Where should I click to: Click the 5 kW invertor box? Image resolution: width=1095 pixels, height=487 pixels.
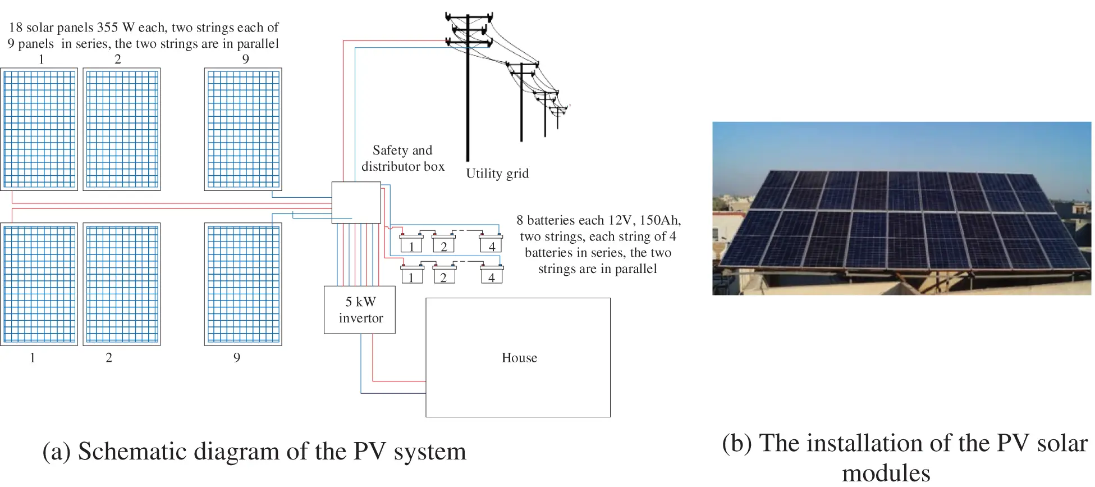tap(359, 310)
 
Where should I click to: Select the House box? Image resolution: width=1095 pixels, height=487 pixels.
tap(517, 357)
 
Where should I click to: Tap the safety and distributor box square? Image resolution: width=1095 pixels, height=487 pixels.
tap(356, 202)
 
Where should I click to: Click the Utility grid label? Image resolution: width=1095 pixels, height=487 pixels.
tap(497, 174)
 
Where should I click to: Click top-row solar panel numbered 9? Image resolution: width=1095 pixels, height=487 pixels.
tap(243, 129)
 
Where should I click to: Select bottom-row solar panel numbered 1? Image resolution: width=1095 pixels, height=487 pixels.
tap(39, 284)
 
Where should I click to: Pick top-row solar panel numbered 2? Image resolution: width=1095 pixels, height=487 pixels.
tap(122, 129)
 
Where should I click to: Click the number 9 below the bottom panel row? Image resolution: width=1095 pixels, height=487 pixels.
tap(237, 358)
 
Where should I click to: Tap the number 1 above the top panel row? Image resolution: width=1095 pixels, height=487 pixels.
tap(41, 60)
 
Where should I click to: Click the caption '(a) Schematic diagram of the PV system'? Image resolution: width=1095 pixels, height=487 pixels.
tap(254, 452)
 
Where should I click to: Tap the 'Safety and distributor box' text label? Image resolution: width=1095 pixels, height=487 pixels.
tap(402, 158)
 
